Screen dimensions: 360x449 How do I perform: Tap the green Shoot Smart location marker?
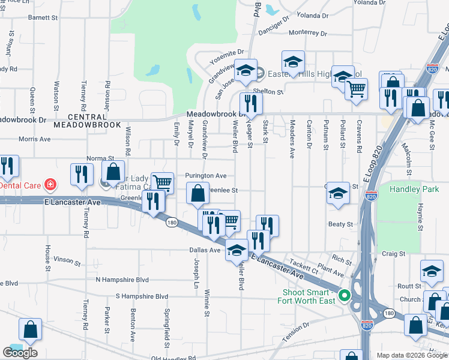point(344,295)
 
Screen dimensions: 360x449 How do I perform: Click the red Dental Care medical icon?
point(50,184)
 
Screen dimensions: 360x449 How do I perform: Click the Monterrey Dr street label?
point(307,34)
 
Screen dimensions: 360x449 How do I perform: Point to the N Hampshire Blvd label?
point(122,280)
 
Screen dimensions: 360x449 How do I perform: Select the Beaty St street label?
point(340,224)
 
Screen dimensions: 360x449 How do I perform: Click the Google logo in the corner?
point(20,353)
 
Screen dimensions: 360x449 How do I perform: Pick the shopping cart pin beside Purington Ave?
point(161,183)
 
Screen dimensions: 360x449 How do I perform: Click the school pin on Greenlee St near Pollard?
point(338,193)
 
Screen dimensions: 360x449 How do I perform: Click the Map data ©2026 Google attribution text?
point(412,355)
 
